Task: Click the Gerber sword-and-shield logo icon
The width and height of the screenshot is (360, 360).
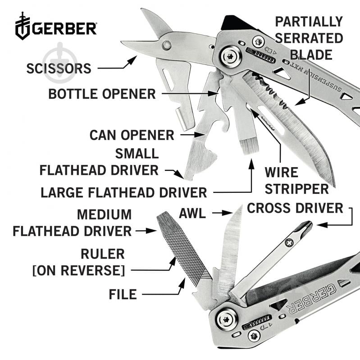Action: [x=23, y=26]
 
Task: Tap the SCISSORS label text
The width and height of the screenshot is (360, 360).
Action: [x=59, y=68]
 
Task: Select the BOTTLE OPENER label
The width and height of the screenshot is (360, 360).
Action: [x=102, y=94]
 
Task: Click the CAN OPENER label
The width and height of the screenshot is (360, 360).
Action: [x=132, y=135]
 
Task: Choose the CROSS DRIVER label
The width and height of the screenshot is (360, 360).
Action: [x=295, y=208]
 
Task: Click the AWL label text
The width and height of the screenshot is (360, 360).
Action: [x=192, y=213]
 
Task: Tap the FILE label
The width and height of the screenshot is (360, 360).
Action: [x=123, y=294]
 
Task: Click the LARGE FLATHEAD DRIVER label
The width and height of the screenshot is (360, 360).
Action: [x=123, y=192]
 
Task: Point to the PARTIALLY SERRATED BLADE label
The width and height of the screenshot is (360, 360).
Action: [x=309, y=38]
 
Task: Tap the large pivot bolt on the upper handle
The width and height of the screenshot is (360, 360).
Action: [x=229, y=56]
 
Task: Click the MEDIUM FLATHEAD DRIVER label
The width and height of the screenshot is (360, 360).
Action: [x=72, y=223]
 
